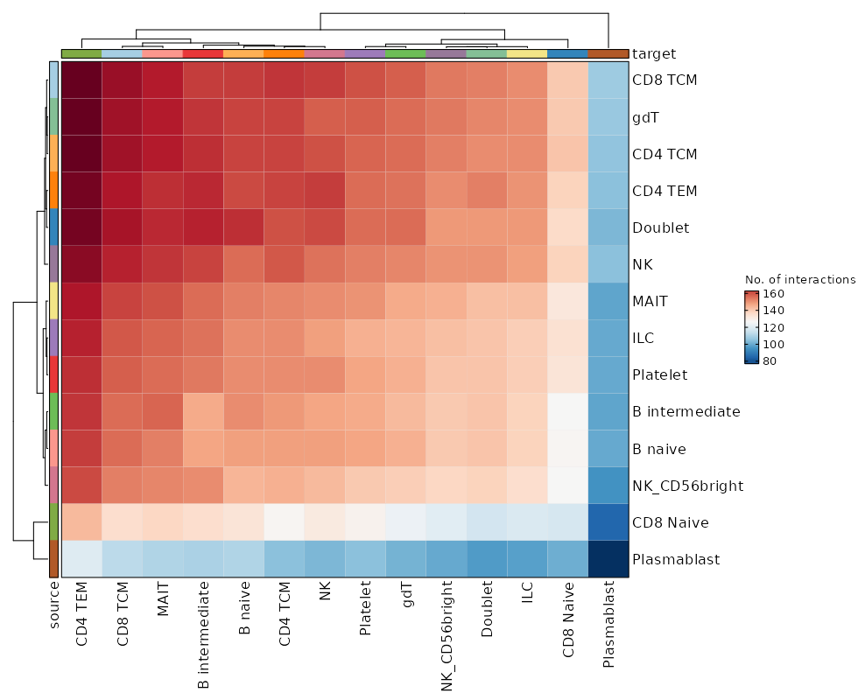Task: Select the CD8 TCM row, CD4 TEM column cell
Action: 81,80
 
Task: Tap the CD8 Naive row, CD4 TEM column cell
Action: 81,522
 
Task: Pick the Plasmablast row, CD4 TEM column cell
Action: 81,559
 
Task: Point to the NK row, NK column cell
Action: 325,264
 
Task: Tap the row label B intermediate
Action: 686,411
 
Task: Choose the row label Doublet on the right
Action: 660,227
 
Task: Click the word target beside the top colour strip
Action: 653,54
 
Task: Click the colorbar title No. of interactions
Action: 799,279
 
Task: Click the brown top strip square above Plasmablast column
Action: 608,54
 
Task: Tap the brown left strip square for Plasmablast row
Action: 53,559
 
